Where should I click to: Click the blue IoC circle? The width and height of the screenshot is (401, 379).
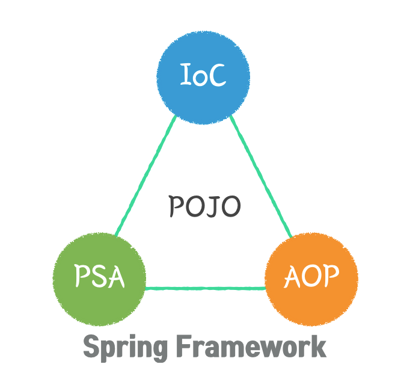tap(203, 77)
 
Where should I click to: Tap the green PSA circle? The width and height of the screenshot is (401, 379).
tap(99, 277)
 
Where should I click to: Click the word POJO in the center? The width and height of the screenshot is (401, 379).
tap(204, 207)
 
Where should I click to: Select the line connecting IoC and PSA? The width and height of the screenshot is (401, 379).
tap(144, 176)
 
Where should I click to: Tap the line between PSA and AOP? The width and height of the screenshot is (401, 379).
tap(204, 288)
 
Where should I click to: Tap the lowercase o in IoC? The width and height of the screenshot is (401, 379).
tap(200, 78)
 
